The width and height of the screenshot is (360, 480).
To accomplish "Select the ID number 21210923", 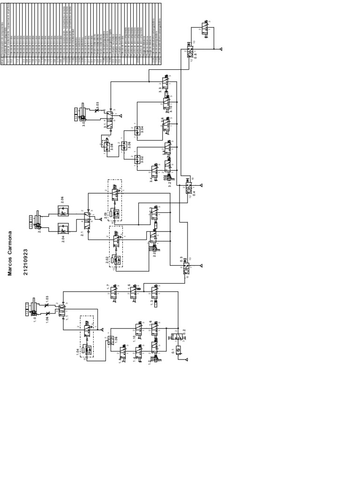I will click(x=25, y=262).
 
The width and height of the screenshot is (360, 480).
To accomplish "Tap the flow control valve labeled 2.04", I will click(x=63, y=229).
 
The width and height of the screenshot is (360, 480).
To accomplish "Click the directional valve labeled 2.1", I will click(x=87, y=220).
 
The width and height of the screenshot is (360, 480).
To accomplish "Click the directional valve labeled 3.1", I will click(x=109, y=120).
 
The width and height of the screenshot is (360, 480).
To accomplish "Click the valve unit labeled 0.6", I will click(x=190, y=54).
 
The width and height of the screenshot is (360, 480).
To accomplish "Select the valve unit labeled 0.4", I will click(x=188, y=188).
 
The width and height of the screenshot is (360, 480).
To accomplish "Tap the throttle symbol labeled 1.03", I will click(x=47, y=305).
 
